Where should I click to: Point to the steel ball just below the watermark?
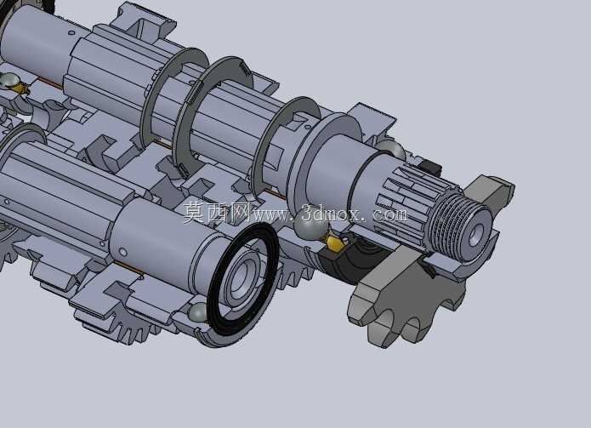pos(310,226)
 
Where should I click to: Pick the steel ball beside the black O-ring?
pos(198,313)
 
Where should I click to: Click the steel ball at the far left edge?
pos(9,80)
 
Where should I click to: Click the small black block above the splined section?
pos(429,168)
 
